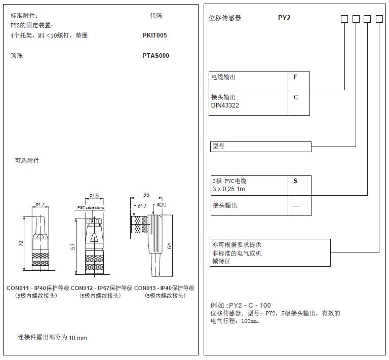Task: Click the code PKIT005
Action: tap(154, 35)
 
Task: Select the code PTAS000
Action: tap(155, 56)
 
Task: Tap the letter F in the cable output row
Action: tap(296, 78)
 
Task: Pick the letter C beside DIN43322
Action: tap(296, 97)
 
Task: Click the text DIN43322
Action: tap(225, 105)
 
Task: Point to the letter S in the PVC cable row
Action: tap(296, 181)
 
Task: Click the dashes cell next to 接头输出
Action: tap(296, 206)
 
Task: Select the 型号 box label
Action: tap(218, 146)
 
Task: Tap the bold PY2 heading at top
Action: tap(285, 18)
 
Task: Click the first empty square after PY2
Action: tap(344, 19)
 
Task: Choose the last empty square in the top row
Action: tap(380, 19)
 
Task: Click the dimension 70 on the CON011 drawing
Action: tap(21, 243)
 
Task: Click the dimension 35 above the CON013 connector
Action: tap(146, 195)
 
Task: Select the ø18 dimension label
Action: tap(93, 195)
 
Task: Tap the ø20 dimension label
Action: tap(162, 205)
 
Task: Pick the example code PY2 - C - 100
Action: tap(250, 305)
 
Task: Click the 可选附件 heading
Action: tap(27, 161)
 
